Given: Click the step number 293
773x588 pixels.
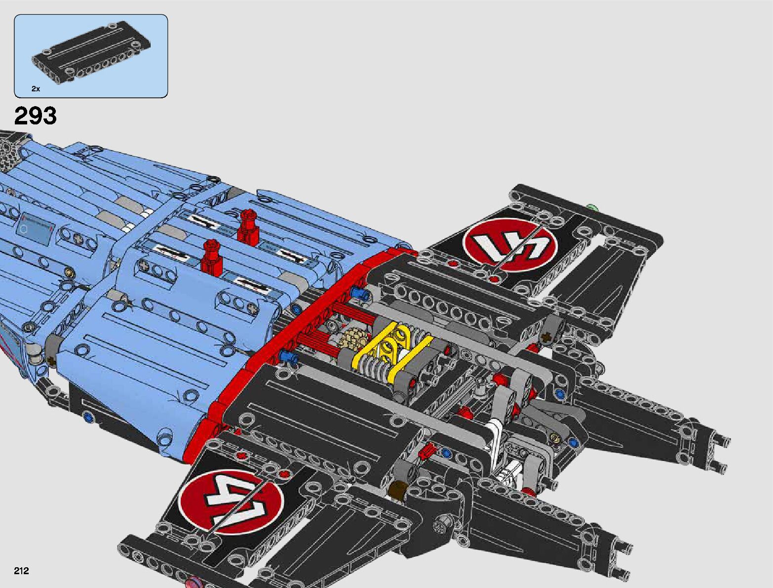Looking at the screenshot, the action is [x=36, y=117].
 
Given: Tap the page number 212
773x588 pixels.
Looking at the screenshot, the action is [x=22, y=571].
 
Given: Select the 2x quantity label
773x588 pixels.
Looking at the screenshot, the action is [x=36, y=89].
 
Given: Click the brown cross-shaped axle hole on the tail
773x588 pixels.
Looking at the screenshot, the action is [x=546, y=338].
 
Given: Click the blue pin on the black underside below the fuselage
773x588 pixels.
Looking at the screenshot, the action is [x=88, y=418].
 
